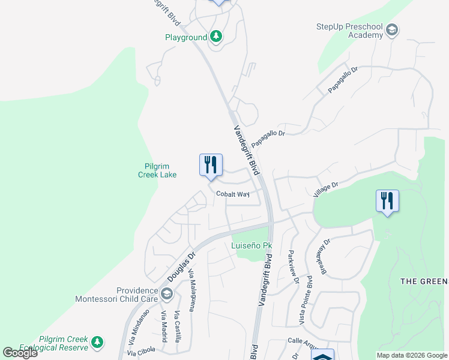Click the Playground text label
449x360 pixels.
[x=186, y=37]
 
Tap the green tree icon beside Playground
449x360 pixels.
[x=216, y=37]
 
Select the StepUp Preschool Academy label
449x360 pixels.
[x=350, y=31]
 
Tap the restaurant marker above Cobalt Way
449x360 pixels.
[x=211, y=166]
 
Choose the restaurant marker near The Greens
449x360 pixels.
[x=387, y=202]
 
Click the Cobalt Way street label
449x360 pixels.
[x=233, y=194]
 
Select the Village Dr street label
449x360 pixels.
[x=327, y=189]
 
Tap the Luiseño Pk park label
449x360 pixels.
[x=252, y=246]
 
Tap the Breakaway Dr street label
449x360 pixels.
[x=327, y=257]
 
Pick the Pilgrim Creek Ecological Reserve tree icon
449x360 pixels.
[x=97, y=343]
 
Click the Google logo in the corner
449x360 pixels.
[x=20, y=353]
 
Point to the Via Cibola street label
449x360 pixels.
[x=141, y=351]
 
